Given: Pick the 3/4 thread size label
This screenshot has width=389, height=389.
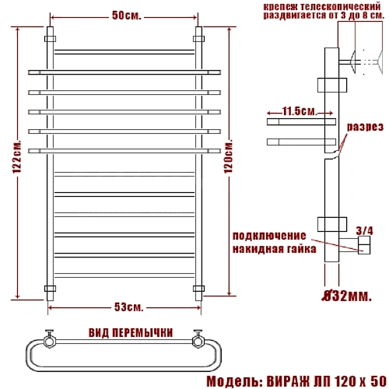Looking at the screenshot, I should click(363, 230).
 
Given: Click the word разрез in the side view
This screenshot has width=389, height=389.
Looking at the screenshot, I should click(364, 126).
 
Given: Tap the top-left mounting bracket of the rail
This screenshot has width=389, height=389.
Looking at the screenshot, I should click(51, 37).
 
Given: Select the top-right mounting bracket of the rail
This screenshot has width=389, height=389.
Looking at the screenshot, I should click(198, 37).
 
